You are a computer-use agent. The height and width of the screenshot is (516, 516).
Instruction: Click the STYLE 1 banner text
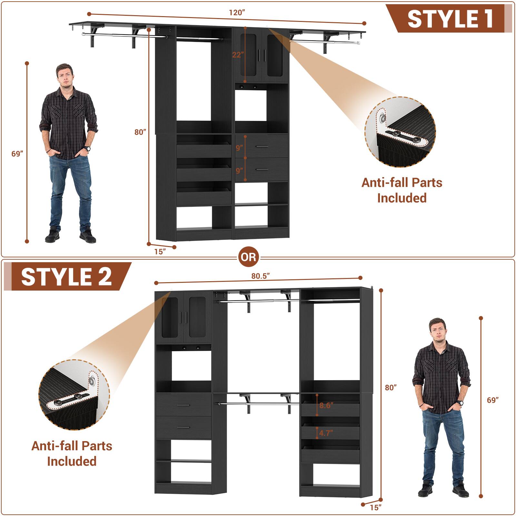450,19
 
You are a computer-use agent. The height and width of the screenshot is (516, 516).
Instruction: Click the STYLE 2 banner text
66,277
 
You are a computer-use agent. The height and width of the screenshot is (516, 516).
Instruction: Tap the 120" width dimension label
237,13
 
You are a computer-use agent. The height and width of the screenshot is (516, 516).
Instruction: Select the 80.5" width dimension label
260,276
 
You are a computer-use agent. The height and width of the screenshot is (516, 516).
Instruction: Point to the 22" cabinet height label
237,55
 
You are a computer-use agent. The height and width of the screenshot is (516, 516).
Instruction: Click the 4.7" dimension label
326,433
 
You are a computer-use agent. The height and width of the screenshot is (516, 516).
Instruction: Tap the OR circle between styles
249,257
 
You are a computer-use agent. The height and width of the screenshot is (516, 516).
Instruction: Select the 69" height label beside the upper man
17,154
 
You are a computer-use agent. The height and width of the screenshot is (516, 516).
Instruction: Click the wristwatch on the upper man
87,148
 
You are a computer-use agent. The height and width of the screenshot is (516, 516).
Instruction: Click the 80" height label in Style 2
391,387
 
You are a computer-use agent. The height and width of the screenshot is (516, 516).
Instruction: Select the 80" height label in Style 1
140,132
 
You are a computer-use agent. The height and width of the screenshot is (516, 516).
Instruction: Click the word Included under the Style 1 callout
402,198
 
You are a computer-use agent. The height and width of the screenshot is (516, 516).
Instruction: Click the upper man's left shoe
87,236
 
